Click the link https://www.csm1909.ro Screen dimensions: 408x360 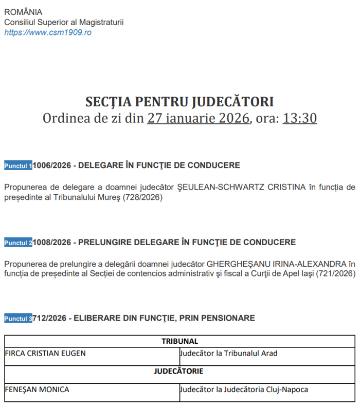pyautogui.click(x=48, y=32)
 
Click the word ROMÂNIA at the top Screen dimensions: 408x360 pyautogui.click(x=23, y=12)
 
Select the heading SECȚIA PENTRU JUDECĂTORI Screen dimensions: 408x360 pyautogui.click(x=179, y=101)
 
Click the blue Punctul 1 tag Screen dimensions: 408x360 pyautogui.click(x=19, y=166)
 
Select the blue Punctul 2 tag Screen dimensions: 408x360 pyautogui.click(x=19, y=243)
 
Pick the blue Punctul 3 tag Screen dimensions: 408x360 pyautogui.click(x=19, y=319)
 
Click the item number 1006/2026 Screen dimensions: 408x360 pyautogui.click(x=52, y=165)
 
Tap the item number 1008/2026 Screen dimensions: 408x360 pyautogui.click(x=52, y=242)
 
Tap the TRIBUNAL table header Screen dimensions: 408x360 pyautogui.click(x=179, y=341)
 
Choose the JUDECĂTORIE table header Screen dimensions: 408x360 pyautogui.click(x=179, y=371)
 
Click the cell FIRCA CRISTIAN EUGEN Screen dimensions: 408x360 pyautogui.click(x=45, y=354)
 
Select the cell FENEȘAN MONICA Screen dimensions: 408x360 pyautogui.click(x=37, y=390)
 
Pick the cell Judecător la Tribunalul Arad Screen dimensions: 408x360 pyautogui.click(x=229, y=354)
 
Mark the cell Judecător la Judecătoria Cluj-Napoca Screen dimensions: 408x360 pyautogui.click(x=244, y=390)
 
